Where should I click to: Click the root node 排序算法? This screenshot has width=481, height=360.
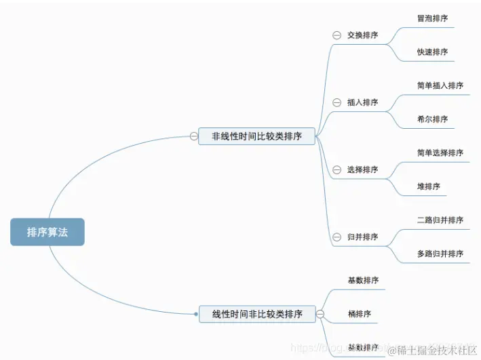tap(47, 232)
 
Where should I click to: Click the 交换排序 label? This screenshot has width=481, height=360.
tap(362, 35)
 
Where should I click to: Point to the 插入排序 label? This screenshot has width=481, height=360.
tap(362, 102)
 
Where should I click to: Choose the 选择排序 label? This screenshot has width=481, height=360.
tap(362, 169)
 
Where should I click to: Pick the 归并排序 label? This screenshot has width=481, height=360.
tap(362, 237)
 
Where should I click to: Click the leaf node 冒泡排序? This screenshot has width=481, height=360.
tap(432, 18)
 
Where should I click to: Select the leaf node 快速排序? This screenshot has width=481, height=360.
tap(432, 52)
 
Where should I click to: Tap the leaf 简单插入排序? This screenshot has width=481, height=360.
tap(440, 85)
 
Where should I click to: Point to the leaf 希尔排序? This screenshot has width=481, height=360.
tap(432, 119)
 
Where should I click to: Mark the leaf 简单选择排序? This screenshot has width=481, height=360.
tap(440, 153)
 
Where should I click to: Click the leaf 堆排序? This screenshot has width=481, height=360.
tap(428, 186)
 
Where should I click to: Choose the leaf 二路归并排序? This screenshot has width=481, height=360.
tap(440, 220)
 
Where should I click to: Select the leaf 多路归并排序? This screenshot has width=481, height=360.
tap(440, 254)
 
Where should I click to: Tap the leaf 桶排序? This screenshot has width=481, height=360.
tap(359, 314)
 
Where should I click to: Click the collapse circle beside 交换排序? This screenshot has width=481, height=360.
tap(336, 35)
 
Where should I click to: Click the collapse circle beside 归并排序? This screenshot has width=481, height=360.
tap(336, 237)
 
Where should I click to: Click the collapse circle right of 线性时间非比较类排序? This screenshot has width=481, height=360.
tap(320, 314)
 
